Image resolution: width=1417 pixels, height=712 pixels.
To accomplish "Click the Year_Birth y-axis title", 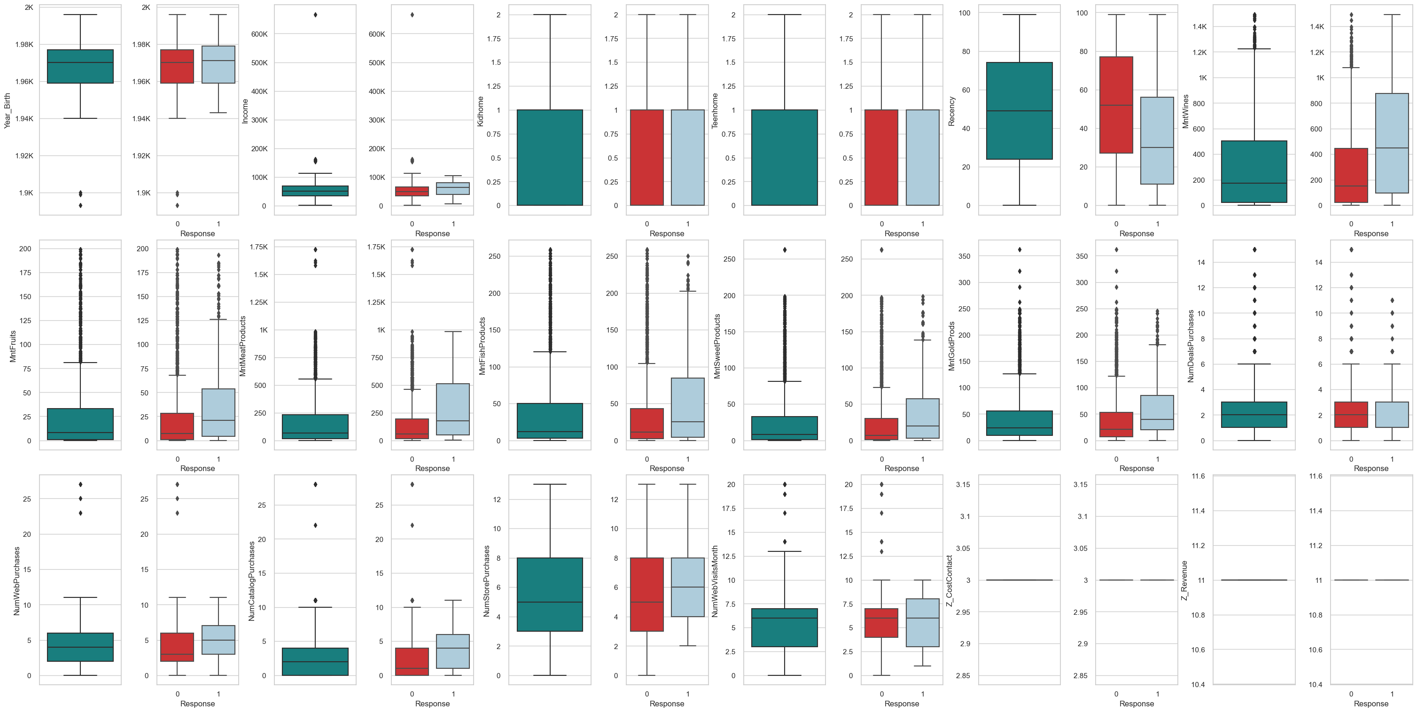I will point(8,110).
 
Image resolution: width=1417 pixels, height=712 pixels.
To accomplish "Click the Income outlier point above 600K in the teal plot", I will point(315,15).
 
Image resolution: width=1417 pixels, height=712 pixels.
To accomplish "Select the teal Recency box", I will point(1020,110).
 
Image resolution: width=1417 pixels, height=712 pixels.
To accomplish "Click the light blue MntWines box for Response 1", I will point(1392,143).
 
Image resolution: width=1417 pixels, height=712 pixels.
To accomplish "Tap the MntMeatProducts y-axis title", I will point(242,346).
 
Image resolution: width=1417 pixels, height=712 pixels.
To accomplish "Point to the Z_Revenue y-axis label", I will point(1185,580).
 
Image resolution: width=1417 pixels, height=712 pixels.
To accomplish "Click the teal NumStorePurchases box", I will point(550,594).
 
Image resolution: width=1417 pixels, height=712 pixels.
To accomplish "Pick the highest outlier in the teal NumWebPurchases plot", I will point(80,484).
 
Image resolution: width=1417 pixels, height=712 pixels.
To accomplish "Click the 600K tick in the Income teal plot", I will point(259,34).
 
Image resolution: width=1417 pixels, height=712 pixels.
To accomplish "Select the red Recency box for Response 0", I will point(1116,104).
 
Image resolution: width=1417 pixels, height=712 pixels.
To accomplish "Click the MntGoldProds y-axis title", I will point(951,346).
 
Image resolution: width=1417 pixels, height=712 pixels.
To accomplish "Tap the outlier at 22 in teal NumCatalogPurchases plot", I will point(315,525).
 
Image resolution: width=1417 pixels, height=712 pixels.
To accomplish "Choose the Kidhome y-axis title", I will point(480,111).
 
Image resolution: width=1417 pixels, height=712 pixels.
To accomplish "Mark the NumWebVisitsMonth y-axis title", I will point(715,580).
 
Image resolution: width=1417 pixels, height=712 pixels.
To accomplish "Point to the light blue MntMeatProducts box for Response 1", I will point(453,409).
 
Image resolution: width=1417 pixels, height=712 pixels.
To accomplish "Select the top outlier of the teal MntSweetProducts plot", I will point(785,249).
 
